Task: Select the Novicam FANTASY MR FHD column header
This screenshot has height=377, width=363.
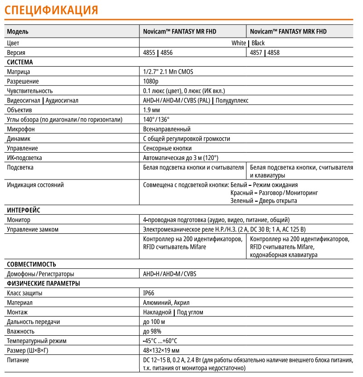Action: tap(180, 32)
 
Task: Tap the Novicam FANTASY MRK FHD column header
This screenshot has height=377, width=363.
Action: tap(288, 32)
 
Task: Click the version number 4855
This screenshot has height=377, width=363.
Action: tap(149, 53)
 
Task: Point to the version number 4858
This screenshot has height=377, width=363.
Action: tap(274, 53)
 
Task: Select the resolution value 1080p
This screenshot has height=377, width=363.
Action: tap(151, 81)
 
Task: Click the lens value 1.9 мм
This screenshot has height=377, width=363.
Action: tap(152, 110)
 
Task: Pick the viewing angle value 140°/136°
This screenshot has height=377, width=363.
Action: tap(156, 119)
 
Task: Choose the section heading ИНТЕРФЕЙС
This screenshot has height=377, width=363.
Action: tap(24, 210)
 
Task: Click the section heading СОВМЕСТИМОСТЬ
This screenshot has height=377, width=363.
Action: tap(31, 264)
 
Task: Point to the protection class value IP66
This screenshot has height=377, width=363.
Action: tap(149, 293)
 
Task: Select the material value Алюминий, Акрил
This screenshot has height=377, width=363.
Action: tap(166, 303)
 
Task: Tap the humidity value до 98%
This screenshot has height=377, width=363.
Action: tap(152, 331)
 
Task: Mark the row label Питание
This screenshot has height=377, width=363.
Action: tap(18, 360)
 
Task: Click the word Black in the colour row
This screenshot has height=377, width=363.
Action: tap(258, 43)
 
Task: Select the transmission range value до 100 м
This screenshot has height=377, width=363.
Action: tap(154, 322)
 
